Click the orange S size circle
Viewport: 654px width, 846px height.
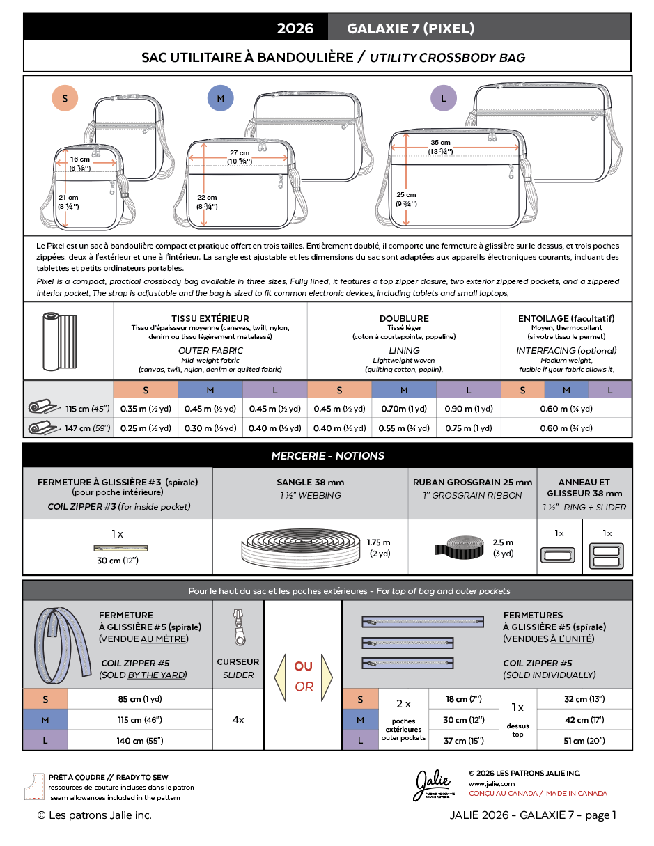(65, 98)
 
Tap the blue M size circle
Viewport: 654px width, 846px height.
(220, 98)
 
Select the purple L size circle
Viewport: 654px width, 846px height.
(444, 98)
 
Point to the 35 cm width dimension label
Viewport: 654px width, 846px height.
(440, 147)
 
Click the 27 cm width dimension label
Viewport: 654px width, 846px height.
(240, 157)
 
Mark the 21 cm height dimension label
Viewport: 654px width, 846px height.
(68, 202)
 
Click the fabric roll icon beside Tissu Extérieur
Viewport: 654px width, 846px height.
(59, 341)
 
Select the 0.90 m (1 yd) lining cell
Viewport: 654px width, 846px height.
(469, 409)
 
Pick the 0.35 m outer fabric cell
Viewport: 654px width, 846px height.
(146, 409)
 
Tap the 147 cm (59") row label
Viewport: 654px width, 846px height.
(87, 428)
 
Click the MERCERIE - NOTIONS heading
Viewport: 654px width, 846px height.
(328, 455)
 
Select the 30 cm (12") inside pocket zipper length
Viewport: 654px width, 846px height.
(118, 561)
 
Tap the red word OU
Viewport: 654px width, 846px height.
(303, 666)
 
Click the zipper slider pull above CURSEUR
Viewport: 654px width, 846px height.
(239, 627)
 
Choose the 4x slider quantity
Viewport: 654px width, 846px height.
(238, 719)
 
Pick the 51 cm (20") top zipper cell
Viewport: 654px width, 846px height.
(584, 740)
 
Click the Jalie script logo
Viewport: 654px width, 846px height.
(433, 785)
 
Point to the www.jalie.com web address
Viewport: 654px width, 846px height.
(492, 784)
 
